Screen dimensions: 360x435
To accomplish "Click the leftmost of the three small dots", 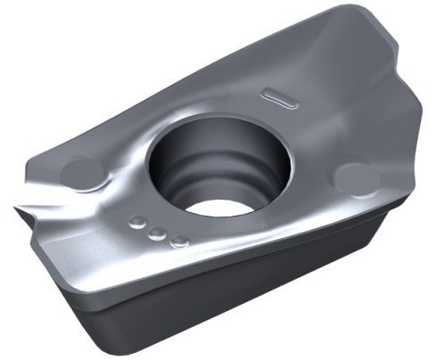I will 138,222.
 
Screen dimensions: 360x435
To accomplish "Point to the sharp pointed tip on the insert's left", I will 16,211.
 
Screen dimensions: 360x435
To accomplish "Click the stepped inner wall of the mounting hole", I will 183,174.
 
